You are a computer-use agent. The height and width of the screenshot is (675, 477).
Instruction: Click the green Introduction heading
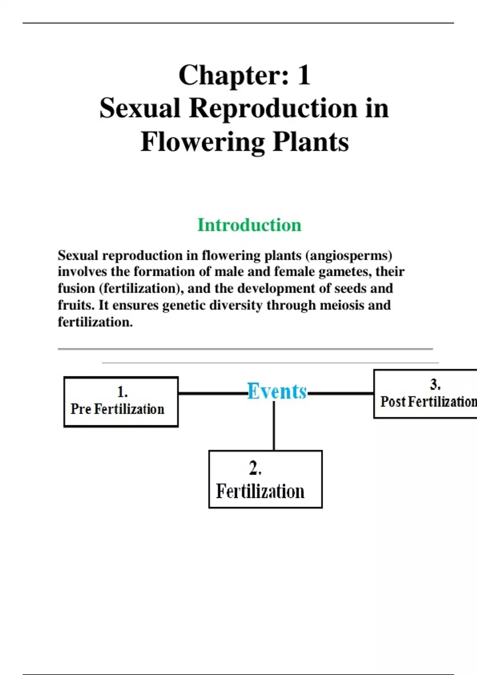coord(249,225)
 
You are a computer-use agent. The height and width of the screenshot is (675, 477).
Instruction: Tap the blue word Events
coord(277,391)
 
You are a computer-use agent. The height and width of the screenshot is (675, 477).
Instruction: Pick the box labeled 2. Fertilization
coord(266,479)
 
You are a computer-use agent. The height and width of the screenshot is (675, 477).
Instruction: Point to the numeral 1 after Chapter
coord(304,75)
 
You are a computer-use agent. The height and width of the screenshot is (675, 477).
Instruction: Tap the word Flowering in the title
coord(202,143)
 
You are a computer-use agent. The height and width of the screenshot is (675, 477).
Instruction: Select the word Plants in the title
coord(310,142)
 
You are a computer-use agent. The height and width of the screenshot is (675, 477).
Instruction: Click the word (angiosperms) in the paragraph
coord(349,256)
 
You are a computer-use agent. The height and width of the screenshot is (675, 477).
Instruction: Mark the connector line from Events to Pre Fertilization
coord(213,393)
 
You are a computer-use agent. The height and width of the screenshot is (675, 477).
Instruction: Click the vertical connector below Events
coord(274,426)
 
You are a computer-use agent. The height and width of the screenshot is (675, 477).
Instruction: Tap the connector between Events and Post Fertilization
coord(341,393)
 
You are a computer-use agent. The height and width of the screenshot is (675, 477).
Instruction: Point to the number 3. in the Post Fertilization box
coord(435,384)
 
